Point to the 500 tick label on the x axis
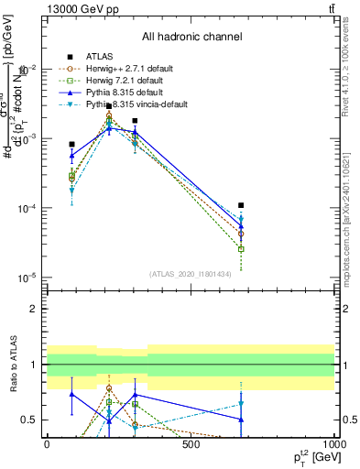click(x=191, y=444)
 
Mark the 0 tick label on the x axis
click(x=47, y=444)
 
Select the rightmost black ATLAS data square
click(x=241, y=205)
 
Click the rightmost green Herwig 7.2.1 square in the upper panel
click(x=241, y=249)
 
